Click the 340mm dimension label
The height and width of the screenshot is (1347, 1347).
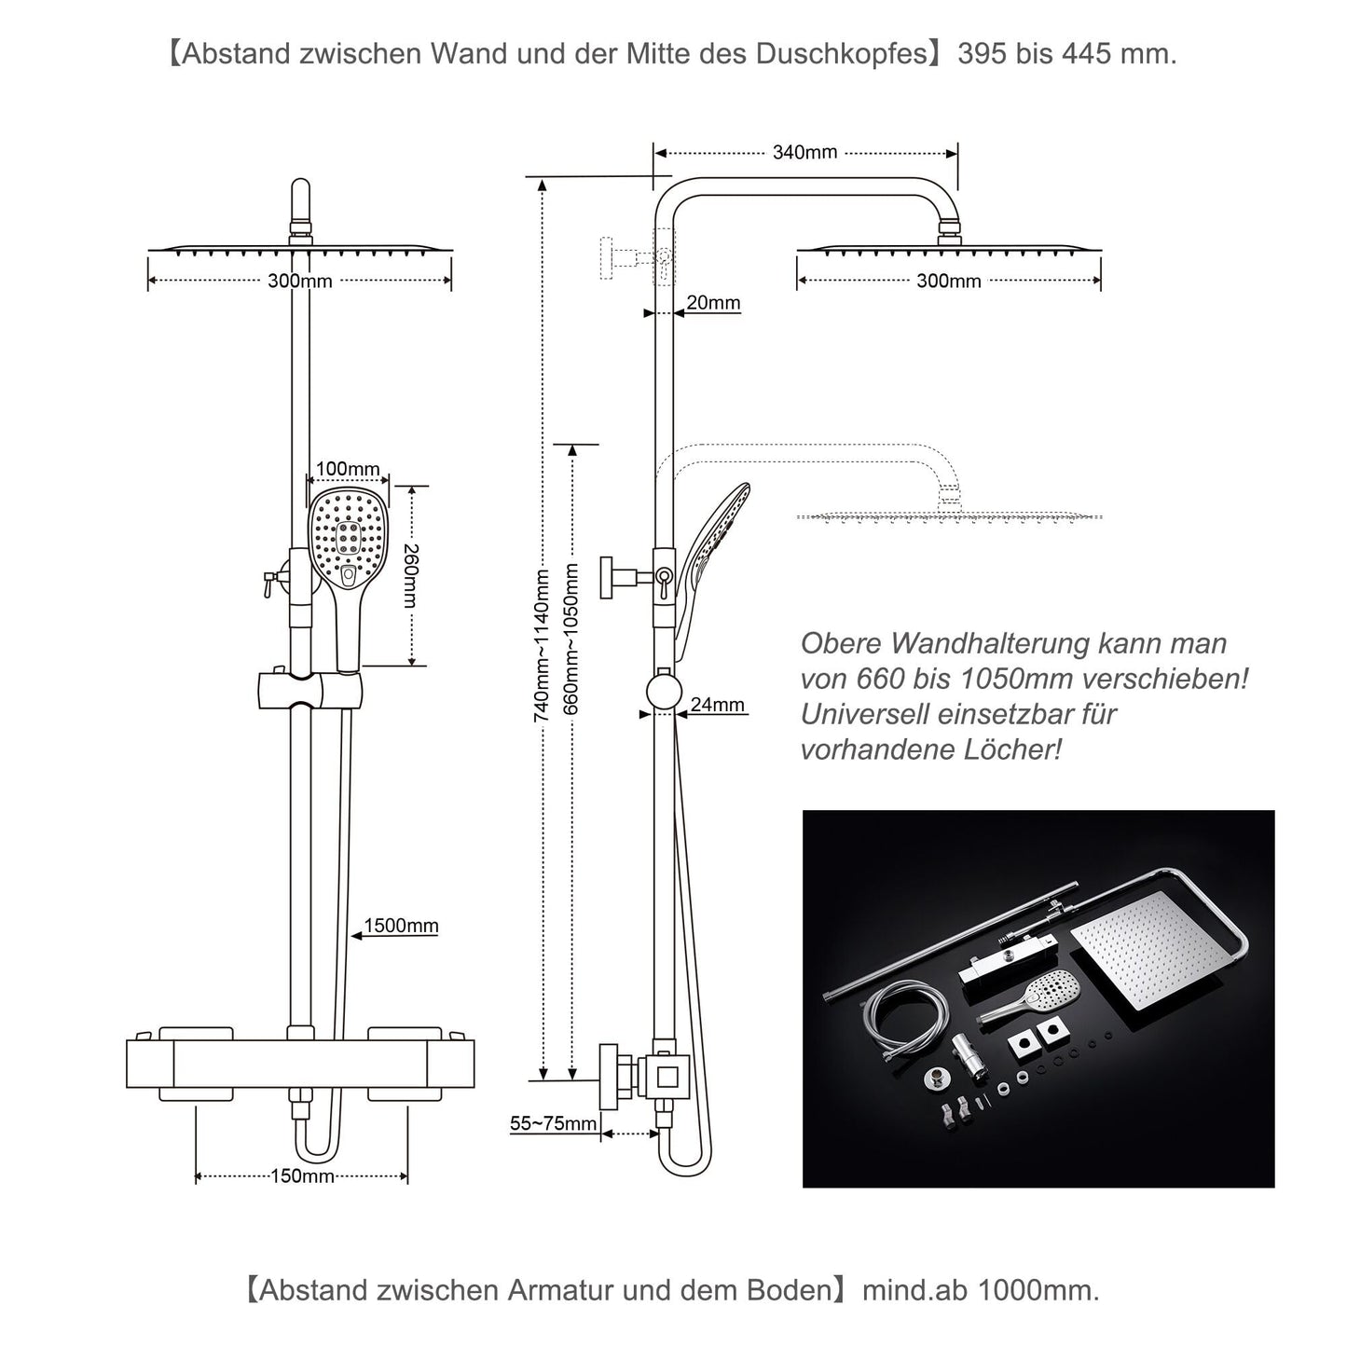[x=804, y=152]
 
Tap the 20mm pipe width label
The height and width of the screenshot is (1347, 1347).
[x=713, y=302]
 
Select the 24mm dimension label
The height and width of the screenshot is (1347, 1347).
[x=717, y=705]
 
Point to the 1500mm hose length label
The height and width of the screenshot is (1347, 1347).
[x=401, y=926]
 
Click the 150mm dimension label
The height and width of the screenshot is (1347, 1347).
[x=302, y=1175]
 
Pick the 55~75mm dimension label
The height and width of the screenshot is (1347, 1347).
[x=552, y=1123]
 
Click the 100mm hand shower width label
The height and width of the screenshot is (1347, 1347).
[x=348, y=469]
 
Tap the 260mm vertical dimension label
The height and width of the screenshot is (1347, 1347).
[x=410, y=575]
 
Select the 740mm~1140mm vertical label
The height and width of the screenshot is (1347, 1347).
[x=541, y=646]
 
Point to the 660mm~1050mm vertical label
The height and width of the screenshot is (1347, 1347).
[x=572, y=639]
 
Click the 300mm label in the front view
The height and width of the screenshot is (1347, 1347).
[x=299, y=281]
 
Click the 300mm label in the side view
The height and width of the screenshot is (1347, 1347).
[x=948, y=281]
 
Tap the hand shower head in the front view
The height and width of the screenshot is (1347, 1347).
[x=347, y=541]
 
